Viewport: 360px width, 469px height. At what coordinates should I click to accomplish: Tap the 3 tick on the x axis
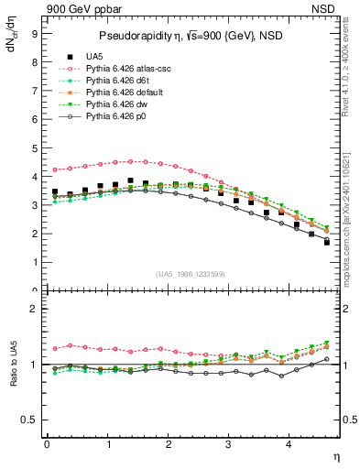point(229,444)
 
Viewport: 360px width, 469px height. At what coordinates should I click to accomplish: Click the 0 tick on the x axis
point(47,444)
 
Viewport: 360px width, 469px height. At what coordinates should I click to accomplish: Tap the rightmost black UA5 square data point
point(327,242)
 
